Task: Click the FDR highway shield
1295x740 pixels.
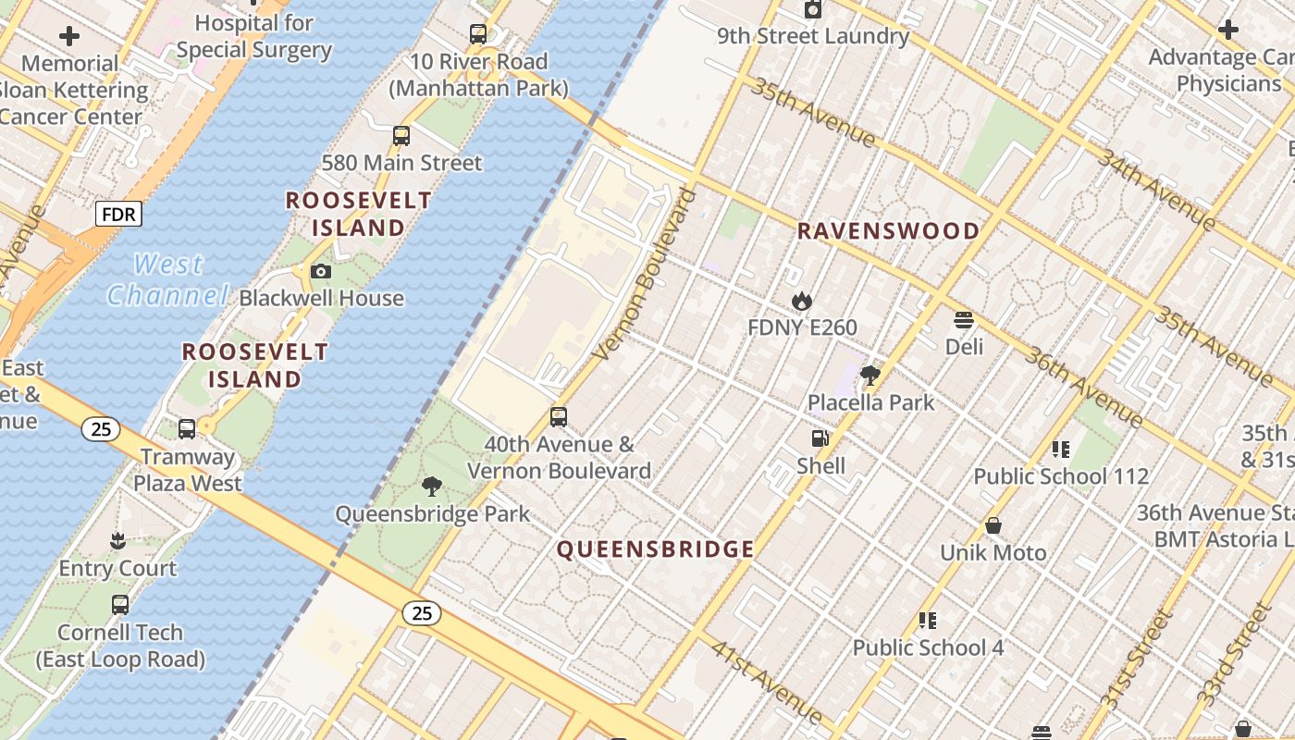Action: pos(118,215)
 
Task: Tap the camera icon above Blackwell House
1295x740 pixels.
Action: pos(321,271)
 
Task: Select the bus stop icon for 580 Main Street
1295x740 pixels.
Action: pos(401,136)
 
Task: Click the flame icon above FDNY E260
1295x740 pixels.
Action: pos(801,301)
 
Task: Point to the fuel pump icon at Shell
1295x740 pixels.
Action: pos(820,438)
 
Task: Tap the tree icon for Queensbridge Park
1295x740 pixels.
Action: pos(431,487)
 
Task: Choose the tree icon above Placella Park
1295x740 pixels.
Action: pos(869,376)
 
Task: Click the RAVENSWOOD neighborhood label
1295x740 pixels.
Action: pos(888,231)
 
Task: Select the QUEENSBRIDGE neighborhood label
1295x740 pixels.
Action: pos(655,549)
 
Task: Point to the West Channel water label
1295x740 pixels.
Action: pos(167,279)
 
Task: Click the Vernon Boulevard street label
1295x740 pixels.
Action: pos(646,275)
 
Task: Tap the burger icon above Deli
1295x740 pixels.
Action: pos(964,320)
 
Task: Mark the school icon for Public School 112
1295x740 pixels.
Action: pos(1060,450)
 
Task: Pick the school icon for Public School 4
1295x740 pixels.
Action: pos(928,621)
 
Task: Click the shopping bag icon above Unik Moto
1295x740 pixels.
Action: pos(993,525)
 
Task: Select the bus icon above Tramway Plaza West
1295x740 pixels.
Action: pos(187,429)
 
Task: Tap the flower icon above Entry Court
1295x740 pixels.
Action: pos(117,541)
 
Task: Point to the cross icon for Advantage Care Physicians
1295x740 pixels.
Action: pos(1228,30)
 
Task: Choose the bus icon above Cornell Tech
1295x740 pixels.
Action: pos(120,605)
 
